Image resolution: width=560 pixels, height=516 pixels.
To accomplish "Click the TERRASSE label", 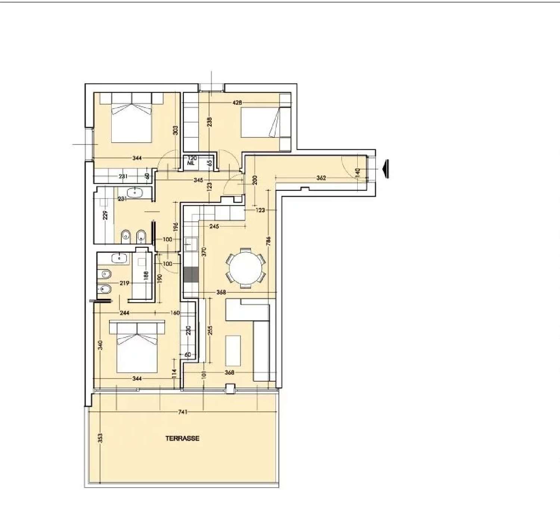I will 182,438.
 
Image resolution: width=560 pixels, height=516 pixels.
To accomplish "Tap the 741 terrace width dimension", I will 183,412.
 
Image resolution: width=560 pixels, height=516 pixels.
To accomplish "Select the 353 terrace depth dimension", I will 100,438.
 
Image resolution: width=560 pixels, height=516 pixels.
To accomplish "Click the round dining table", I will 246,268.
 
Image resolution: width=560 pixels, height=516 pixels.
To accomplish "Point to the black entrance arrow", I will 386,169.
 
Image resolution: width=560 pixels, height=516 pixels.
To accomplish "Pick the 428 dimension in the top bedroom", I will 237,102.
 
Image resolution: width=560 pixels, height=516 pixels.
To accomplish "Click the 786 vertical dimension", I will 268,241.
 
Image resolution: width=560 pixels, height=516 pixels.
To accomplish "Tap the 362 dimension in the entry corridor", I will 321,178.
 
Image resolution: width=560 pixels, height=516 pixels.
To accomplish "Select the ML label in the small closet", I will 191,163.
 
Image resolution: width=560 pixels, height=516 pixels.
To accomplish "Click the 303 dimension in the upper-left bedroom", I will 175,130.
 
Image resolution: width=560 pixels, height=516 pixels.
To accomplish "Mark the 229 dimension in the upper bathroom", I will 105,215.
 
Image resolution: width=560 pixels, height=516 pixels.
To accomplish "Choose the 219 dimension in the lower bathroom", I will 124,283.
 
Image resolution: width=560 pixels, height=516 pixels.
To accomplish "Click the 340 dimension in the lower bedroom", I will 100,345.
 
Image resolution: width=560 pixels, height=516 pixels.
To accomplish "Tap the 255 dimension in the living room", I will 210,330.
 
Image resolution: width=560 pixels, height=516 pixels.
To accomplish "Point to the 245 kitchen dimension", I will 214,226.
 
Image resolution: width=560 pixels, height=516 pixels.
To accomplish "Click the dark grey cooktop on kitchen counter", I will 191,274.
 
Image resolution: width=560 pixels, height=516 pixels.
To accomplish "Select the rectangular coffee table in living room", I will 233,351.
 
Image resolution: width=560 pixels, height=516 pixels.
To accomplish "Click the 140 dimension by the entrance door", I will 358,172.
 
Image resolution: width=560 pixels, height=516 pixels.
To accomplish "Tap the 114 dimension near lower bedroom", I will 174,374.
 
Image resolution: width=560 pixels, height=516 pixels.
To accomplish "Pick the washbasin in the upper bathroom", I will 134,193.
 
